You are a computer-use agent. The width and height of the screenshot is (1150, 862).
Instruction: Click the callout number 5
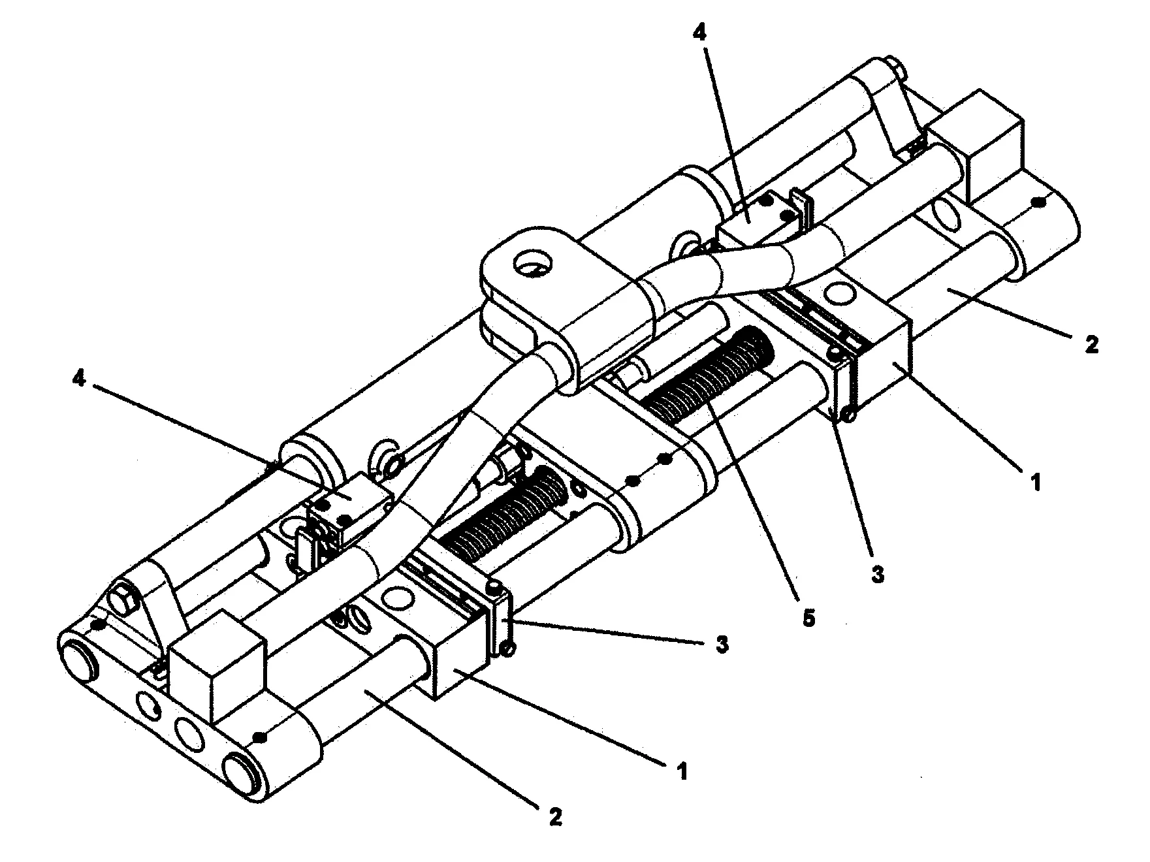click(x=808, y=617)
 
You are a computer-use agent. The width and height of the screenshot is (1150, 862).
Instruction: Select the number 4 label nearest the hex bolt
click(x=79, y=379)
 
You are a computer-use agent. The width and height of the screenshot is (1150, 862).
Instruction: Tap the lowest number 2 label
click(x=555, y=816)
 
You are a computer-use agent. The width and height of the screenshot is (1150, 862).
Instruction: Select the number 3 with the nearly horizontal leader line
click(x=721, y=644)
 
